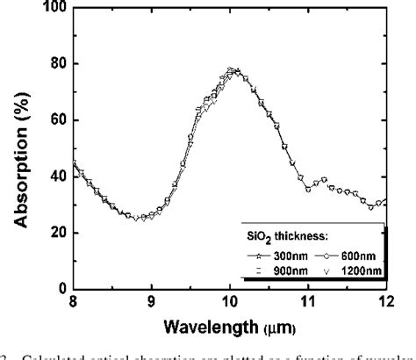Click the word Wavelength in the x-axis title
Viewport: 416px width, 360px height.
click(x=204, y=326)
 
